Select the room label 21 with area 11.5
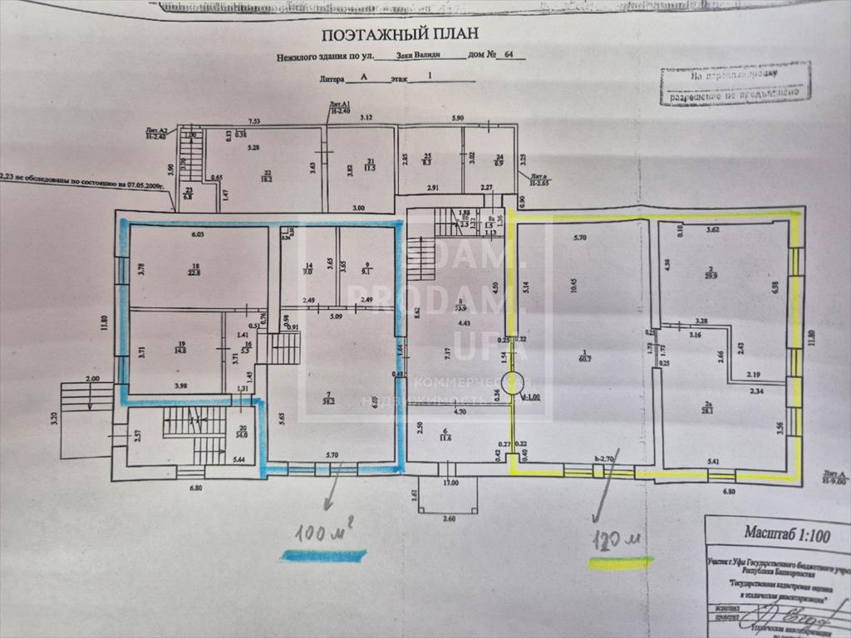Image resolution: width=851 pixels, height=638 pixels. click(371, 164)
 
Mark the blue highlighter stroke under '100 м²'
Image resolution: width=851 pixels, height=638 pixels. click(323, 556)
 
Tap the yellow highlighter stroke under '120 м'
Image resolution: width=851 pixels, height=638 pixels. click(620, 562)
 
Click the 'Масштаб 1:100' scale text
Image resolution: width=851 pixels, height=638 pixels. click(775, 536)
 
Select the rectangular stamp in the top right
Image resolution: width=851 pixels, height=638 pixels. click(735, 84)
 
